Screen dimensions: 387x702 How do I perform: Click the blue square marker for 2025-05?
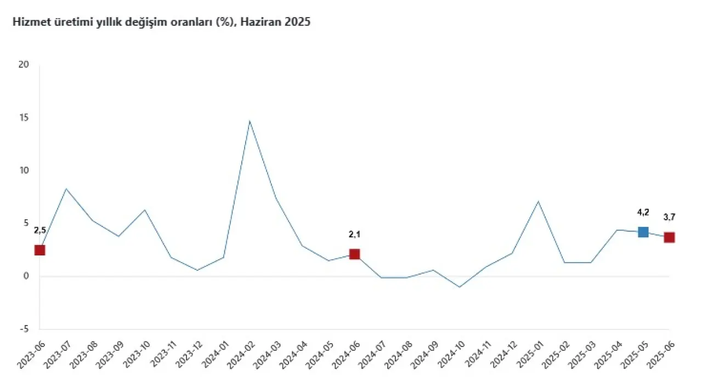[643, 232]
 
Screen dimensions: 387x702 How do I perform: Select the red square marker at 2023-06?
[39, 250]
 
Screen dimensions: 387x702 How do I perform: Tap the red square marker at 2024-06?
[354, 254]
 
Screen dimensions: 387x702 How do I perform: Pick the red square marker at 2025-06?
[669, 237]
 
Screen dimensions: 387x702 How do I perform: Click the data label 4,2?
[643, 212]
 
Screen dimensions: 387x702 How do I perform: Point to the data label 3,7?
[669, 217]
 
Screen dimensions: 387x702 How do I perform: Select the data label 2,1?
[354, 234]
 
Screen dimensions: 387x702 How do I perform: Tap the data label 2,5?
[39, 230]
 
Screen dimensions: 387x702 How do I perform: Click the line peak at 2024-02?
[250, 121]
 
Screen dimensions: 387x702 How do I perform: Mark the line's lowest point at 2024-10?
[460, 287]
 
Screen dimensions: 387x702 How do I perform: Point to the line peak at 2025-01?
[538, 201]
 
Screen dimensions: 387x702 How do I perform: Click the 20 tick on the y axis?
[23, 65]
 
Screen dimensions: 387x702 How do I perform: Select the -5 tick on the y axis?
[24, 329]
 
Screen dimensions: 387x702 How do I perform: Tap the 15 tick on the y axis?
[23, 118]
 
